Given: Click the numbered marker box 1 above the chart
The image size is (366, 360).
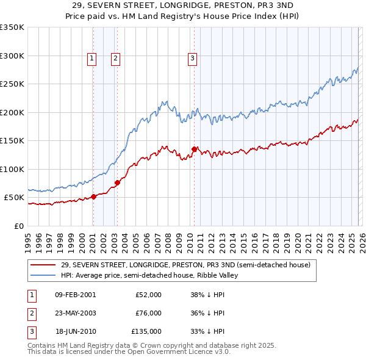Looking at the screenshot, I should point(91,59).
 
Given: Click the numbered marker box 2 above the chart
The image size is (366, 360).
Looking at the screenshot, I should point(115,59).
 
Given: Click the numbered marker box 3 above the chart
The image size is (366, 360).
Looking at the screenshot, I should point(192,59).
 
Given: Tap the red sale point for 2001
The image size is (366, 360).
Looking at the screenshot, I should point(93,196).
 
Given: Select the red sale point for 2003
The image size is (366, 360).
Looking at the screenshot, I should point(118,182).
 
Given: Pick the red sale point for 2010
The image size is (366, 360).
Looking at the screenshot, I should point(194,149).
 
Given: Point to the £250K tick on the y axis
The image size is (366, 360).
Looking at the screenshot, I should point(12,84).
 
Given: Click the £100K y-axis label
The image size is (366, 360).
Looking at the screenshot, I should point(12,169).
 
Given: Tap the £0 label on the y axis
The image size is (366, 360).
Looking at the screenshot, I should point(18,226).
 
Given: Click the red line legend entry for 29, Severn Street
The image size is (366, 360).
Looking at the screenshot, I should point(186,265).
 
